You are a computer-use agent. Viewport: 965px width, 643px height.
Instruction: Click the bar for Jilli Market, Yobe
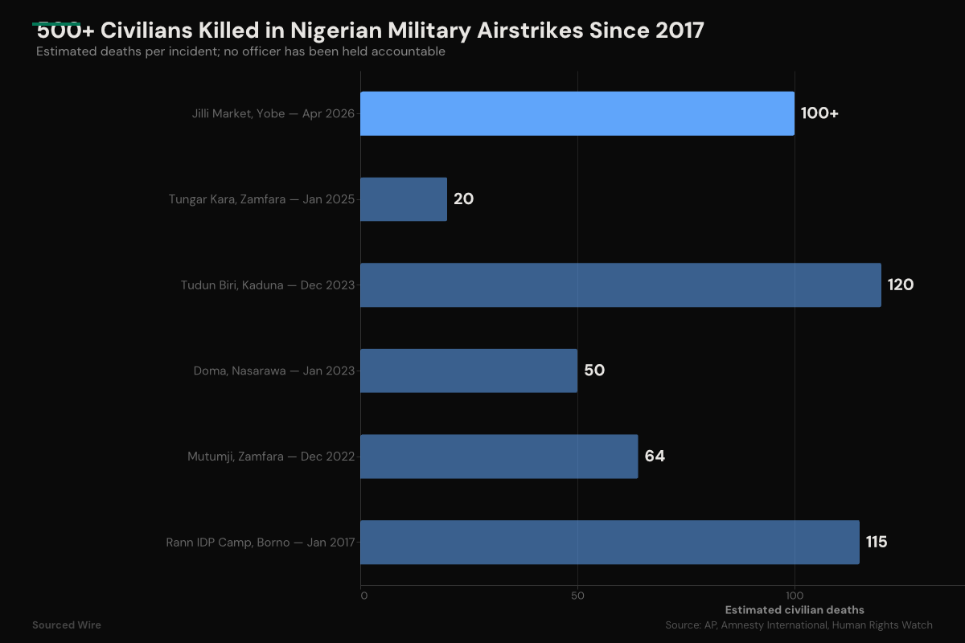(577, 113)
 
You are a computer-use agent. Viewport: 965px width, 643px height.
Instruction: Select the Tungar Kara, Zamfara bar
(403, 199)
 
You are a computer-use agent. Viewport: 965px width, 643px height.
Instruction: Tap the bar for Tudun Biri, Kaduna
(620, 285)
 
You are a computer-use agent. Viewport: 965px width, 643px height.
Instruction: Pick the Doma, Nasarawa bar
(468, 371)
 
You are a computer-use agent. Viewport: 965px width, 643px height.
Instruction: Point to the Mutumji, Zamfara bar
(499, 457)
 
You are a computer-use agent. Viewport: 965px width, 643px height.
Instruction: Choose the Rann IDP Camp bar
(609, 542)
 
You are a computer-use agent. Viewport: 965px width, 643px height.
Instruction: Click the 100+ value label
(819, 113)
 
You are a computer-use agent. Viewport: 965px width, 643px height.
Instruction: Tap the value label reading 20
(463, 199)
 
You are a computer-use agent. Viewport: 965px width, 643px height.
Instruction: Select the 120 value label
(900, 285)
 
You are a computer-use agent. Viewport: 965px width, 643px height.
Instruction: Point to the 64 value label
(655, 457)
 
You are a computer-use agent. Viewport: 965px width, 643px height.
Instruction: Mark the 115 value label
(877, 542)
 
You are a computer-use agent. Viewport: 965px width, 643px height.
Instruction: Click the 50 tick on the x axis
(577, 596)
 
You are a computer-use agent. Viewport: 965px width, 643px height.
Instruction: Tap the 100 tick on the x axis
(795, 596)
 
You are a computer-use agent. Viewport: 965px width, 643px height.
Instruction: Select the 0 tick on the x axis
(363, 596)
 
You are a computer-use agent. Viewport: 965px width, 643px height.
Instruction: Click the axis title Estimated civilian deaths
(795, 610)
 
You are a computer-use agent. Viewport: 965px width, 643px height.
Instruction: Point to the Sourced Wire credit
(67, 625)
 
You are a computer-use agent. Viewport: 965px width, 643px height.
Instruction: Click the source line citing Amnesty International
(799, 625)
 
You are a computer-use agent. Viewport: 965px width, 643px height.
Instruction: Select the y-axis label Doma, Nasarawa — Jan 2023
(273, 371)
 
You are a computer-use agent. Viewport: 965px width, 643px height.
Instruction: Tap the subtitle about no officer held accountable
(240, 51)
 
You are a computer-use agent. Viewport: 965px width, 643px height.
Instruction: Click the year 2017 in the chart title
(678, 31)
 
